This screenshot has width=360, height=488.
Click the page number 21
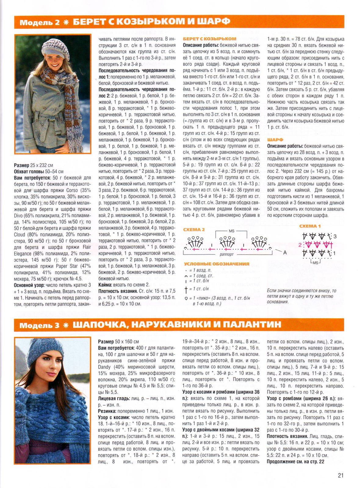click(340, 475)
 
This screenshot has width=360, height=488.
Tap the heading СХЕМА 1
click(310, 226)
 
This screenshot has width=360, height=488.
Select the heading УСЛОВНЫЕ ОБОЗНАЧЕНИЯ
click(216, 264)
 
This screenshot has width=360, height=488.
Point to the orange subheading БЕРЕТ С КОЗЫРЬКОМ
click(209, 39)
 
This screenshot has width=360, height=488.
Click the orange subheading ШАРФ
click(275, 139)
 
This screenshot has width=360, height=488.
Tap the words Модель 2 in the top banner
click(40, 22)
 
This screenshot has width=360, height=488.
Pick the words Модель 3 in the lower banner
click(40, 325)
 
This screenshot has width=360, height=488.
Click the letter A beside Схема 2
click(285, 252)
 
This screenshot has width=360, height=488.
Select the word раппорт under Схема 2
click(227, 254)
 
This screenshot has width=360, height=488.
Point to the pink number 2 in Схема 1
click(300, 245)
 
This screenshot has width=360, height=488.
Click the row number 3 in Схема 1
click(335, 236)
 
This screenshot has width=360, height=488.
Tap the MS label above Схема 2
click(232, 231)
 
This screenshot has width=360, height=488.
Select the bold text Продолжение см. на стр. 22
click(295, 461)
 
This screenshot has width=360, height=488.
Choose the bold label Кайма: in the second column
click(105, 285)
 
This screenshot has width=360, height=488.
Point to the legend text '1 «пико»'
click(203, 298)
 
